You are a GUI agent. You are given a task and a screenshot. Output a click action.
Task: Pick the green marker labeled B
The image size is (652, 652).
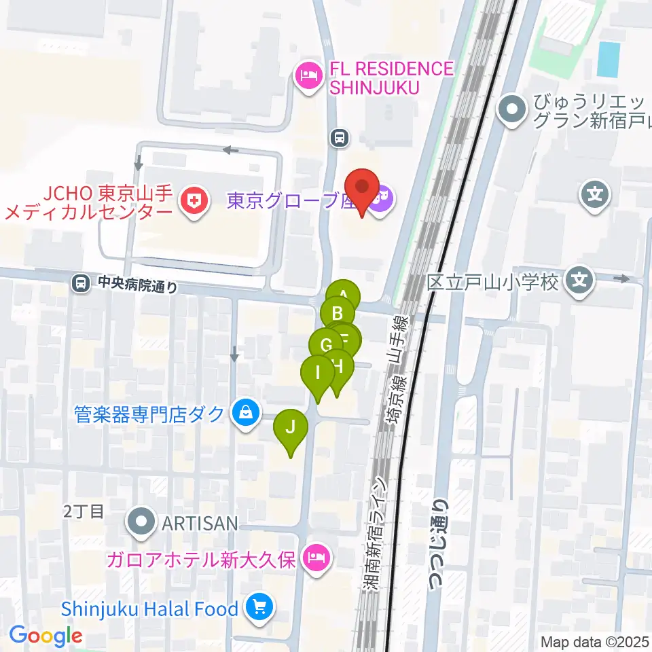pos(337,314)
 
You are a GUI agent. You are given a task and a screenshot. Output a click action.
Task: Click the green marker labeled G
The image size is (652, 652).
pos(325,344)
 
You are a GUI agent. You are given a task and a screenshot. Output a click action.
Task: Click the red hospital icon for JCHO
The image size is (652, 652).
pos(194,202)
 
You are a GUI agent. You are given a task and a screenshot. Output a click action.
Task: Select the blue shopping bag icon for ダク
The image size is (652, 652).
pos(245,413)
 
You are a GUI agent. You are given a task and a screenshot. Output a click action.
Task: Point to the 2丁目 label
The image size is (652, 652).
pos(84,511)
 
